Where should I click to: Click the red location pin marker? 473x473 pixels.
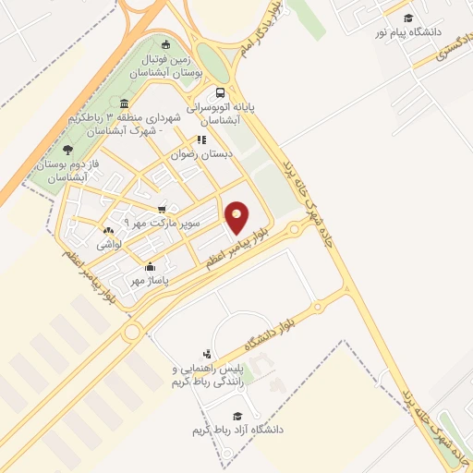[236, 216]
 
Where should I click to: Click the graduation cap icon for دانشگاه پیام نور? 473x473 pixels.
[407, 18]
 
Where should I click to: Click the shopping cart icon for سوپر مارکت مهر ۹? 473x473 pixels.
[163, 209]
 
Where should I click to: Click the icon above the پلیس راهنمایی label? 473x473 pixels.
[207, 354]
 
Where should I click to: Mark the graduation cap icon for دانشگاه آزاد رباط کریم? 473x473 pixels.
[236, 416]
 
